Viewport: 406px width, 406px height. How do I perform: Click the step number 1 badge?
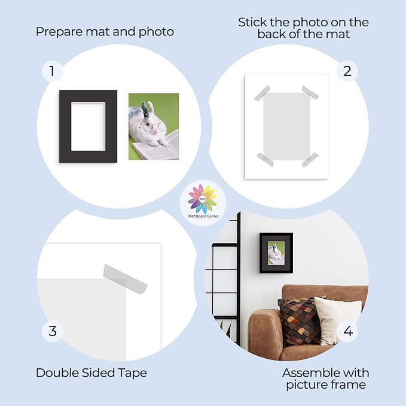(x=52, y=71)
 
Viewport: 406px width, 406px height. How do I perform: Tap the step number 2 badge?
(x=347, y=71)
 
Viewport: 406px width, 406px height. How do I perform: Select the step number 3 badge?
(x=53, y=331)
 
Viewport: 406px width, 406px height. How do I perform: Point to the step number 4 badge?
(x=348, y=331)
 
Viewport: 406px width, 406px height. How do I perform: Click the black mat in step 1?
(x=65, y=126)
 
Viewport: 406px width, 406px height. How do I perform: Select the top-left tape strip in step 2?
(x=262, y=93)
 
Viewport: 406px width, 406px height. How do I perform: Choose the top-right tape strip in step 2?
(x=310, y=93)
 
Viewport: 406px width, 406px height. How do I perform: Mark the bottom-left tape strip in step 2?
(x=265, y=160)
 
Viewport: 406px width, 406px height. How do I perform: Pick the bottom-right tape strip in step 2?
(x=310, y=160)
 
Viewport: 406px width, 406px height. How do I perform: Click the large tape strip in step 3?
(x=126, y=279)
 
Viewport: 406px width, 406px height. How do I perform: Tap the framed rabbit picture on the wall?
(x=276, y=253)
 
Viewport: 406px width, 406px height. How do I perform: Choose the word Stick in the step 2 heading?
(x=252, y=22)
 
